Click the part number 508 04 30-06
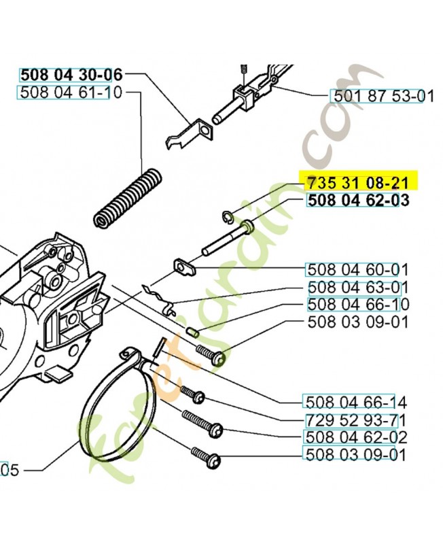click(71, 74)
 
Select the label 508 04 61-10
click(71, 92)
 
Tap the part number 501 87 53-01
click(382, 96)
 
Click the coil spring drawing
click(127, 198)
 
